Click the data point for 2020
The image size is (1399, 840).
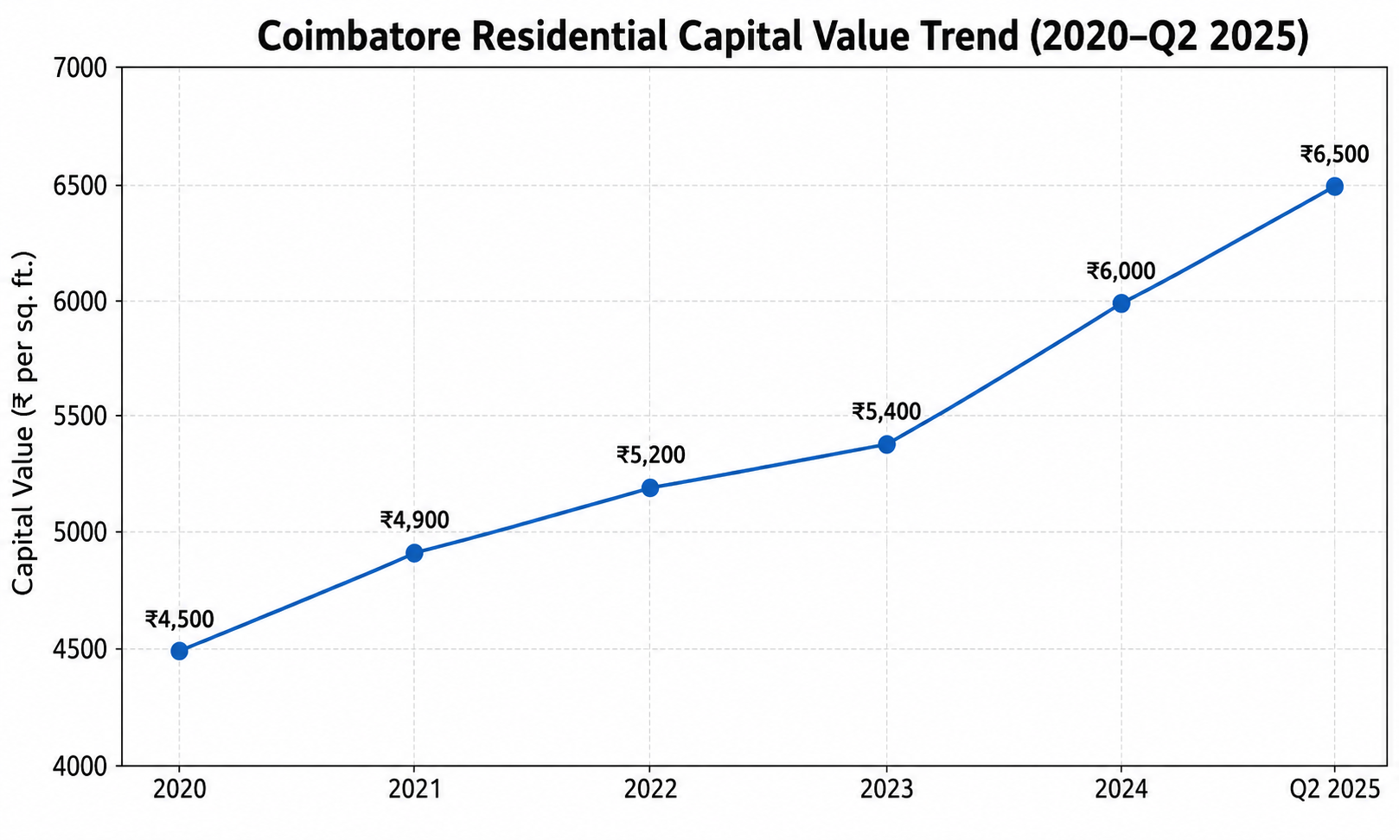tap(179, 651)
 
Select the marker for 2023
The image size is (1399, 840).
tap(886, 444)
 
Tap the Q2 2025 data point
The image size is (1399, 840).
tap(1335, 186)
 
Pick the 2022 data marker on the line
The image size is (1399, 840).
tap(650, 487)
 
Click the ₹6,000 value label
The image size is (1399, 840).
tap(1121, 271)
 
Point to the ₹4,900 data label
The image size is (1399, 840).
tap(415, 520)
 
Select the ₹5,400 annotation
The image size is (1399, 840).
tap(886, 412)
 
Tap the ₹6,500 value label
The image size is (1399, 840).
tap(1335, 154)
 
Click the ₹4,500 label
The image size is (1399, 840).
tap(179, 619)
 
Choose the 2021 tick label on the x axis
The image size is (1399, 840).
tap(415, 790)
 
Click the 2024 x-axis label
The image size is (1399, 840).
tap(1121, 790)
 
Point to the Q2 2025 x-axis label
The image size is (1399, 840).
tap(1335, 790)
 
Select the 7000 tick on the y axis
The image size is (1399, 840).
tap(80, 68)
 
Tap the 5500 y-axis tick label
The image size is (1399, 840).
tap(80, 417)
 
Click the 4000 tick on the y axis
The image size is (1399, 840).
tap(80, 767)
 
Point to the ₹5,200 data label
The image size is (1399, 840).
tap(650, 455)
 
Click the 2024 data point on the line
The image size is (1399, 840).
tap(1121, 303)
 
